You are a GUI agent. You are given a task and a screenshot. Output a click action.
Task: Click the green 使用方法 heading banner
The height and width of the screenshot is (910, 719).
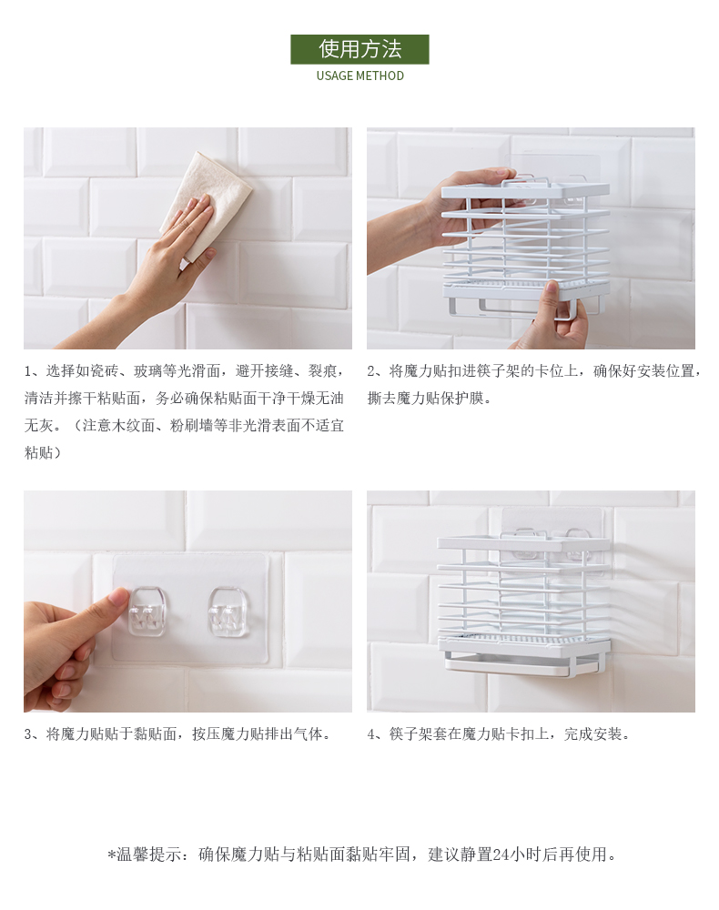(359, 49)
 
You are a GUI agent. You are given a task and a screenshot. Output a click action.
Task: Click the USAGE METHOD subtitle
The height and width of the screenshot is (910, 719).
(359, 76)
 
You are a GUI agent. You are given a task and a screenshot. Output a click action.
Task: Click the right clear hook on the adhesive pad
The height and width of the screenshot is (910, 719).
(228, 612)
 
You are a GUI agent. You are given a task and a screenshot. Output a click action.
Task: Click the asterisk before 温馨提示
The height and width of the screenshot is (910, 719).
(111, 854)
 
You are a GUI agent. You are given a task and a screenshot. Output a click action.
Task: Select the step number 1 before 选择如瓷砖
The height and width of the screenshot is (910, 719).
(28, 371)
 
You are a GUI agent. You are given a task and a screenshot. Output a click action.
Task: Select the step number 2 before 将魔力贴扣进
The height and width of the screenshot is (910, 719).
(371, 371)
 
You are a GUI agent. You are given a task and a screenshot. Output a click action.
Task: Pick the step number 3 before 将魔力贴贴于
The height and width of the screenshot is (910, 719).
(28, 734)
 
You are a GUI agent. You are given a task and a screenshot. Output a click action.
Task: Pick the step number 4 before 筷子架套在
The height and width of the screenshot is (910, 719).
(371, 734)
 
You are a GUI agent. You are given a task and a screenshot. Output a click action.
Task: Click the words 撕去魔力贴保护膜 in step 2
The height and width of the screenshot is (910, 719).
(425, 399)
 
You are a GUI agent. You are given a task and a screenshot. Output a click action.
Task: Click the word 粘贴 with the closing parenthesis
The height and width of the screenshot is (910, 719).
(42, 452)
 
